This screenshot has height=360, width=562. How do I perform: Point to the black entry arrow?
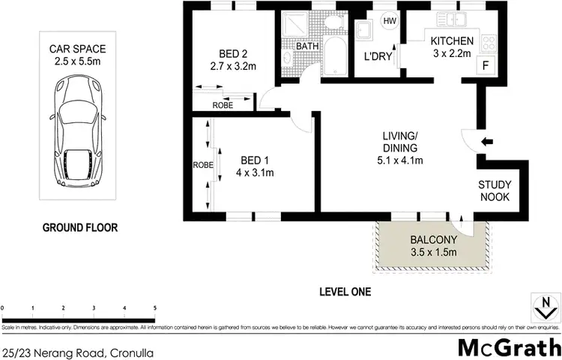487,141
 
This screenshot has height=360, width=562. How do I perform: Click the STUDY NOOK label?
495,190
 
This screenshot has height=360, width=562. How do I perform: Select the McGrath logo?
509,348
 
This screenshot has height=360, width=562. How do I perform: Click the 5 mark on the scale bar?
154,308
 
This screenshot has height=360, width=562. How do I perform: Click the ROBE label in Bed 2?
222,105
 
